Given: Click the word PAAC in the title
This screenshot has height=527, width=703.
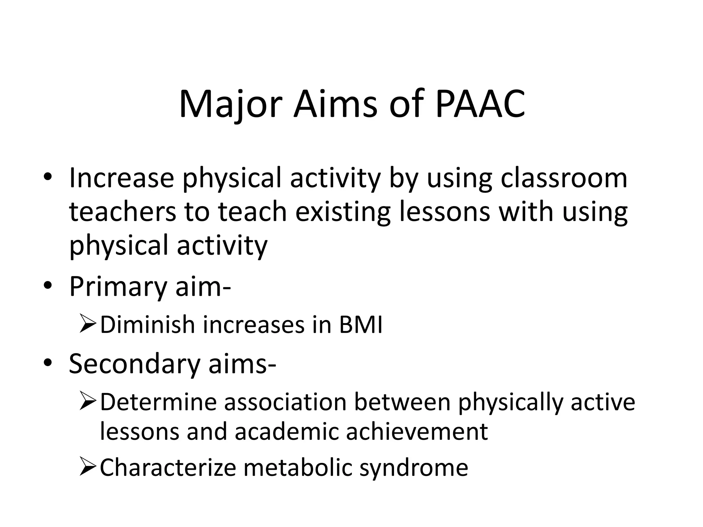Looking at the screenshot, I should (480, 104).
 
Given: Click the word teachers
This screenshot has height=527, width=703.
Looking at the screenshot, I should (123, 212).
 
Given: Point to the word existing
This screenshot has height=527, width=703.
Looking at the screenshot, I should (343, 212).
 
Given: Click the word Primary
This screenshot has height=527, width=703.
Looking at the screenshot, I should (118, 286).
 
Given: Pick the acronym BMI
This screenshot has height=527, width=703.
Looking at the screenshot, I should (360, 325).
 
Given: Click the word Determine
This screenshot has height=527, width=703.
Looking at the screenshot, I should (158, 402).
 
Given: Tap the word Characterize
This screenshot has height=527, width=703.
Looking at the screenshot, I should (168, 467).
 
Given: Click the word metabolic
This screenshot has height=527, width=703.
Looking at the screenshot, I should (298, 467).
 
